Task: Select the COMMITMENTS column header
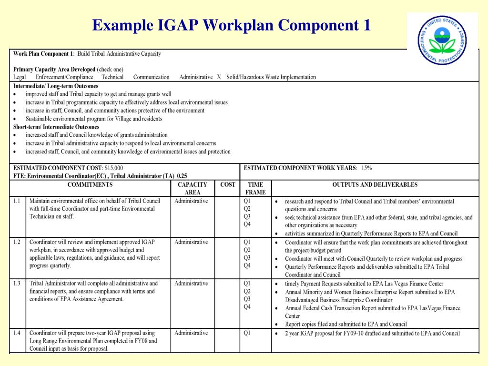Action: point(90,184)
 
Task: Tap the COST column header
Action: point(228,184)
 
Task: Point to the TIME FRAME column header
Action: point(255,188)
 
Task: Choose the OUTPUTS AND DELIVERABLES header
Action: point(375,184)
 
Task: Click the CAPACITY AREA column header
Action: point(192,188)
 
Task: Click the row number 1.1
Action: point(17,201)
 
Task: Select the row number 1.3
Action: point(17,283)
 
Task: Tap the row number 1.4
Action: point(17,333)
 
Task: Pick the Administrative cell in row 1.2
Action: point(191,242)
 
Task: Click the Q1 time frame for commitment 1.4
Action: point(247,333)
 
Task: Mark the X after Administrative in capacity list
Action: point(219,77)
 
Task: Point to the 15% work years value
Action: point(366,168)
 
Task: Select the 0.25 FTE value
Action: point(182,175)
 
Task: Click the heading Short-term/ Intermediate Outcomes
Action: point(56,127)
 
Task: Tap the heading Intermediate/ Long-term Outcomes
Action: point(56,86)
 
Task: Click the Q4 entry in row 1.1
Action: point(247,224)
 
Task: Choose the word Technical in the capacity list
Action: point(112,77)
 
